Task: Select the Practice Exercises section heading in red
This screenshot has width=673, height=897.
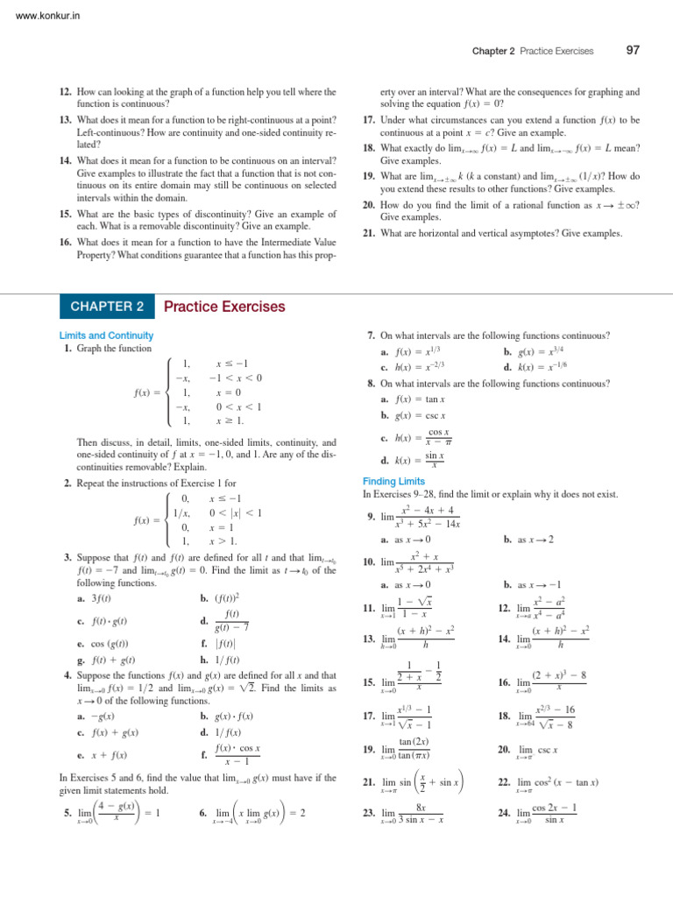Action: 224,307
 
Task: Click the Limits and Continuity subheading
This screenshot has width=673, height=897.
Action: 106,335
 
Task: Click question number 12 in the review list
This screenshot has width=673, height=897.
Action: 65,92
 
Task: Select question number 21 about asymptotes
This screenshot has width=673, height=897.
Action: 368,233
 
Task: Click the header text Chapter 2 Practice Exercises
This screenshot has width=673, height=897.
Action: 532,52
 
